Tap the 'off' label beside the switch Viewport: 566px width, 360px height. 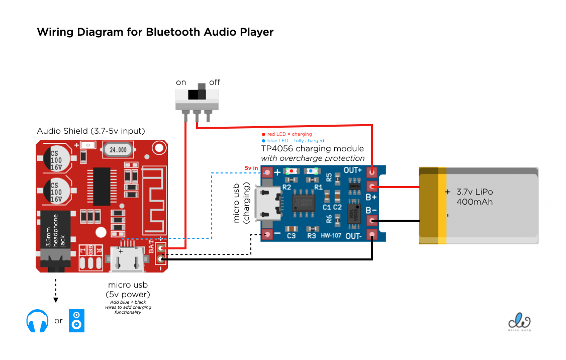214,82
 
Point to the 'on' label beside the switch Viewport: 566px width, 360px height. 181,82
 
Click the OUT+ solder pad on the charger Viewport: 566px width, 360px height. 372,172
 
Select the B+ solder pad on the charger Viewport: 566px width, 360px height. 372,187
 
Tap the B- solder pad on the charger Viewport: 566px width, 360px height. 372,220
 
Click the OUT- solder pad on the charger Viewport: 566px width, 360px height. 372,234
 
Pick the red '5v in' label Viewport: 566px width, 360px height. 251,168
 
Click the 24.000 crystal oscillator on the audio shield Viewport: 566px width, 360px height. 118,149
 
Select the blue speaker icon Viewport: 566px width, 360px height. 76,320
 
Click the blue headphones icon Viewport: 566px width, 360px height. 37,321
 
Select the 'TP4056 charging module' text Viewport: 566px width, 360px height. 312,149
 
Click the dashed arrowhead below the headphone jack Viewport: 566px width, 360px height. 56,300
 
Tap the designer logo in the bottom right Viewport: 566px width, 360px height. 520,321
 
